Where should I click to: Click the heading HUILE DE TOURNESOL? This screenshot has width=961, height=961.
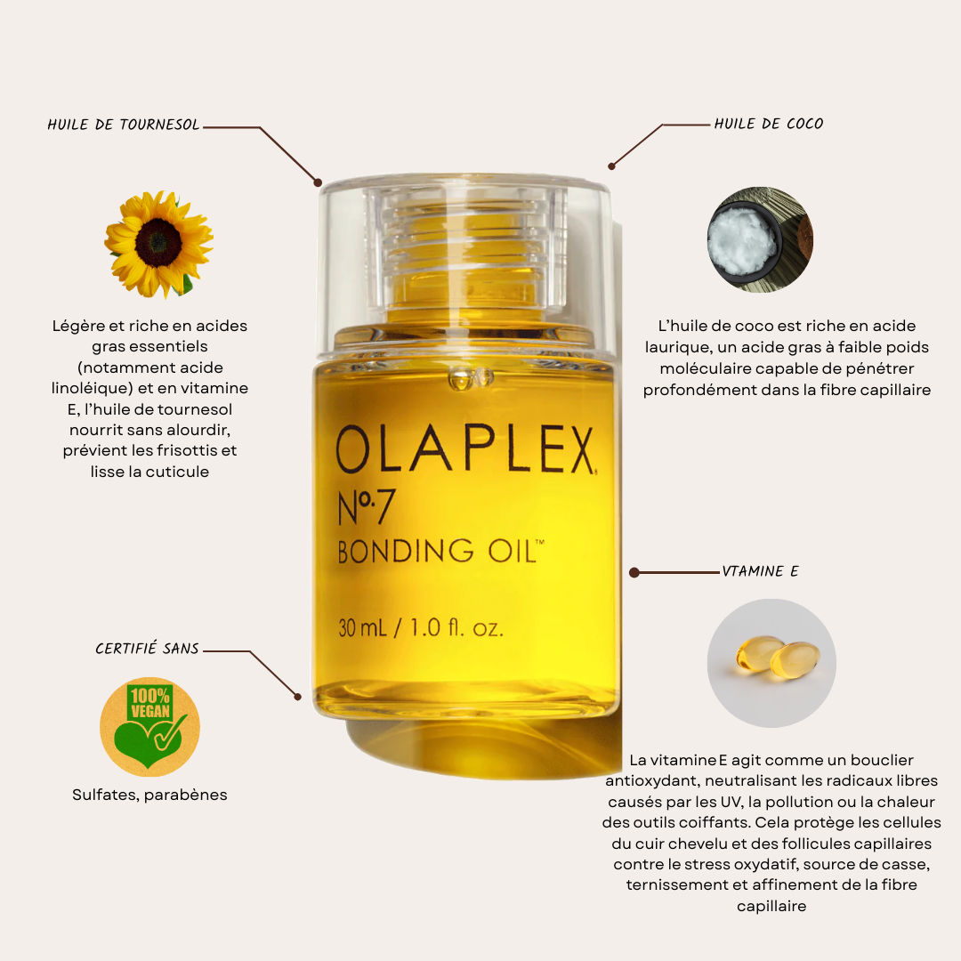click(x=123, y=125)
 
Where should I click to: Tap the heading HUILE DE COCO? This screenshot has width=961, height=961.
click(x=769, y=124)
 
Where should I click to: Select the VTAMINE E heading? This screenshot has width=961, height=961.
click(x=760, y=571)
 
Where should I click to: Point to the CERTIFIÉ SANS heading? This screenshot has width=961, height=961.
click(x=147, y=648)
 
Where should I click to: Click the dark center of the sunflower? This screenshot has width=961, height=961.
click(x=158, y=242)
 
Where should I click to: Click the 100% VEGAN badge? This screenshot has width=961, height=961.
click(x=149, y=727)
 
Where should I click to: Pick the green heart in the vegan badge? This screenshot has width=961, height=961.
click(x=147, y=741)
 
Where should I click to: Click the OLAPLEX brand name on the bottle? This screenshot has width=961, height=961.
click(x=465, y=450)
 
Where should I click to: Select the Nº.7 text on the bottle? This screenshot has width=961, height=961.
click(x=366, y=507)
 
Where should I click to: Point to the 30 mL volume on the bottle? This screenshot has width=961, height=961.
click(x=362, y=628)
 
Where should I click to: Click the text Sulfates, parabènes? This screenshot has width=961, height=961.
click(x=149, y=795)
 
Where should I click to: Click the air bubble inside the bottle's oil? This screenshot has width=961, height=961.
click(x=471, y=378)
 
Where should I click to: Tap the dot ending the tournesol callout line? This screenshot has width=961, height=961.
click(x=318, y=182)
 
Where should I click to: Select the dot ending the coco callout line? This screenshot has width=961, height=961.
click(x=611, y=166)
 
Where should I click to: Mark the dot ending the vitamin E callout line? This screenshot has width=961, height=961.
click(x=634, y=572)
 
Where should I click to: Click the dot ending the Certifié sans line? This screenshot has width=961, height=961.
click(x=298, y=697)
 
